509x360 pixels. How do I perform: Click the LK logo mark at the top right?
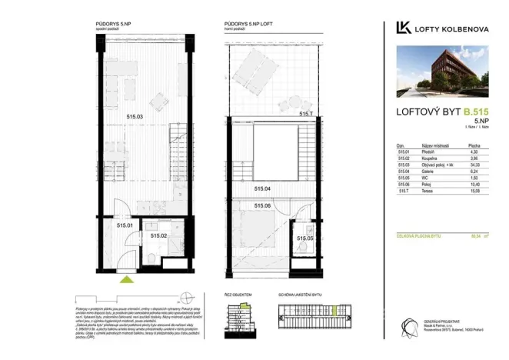(x=402, y=28)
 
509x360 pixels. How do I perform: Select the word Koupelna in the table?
(x=430, y=158)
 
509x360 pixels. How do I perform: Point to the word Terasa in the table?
(x=427, y=192)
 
